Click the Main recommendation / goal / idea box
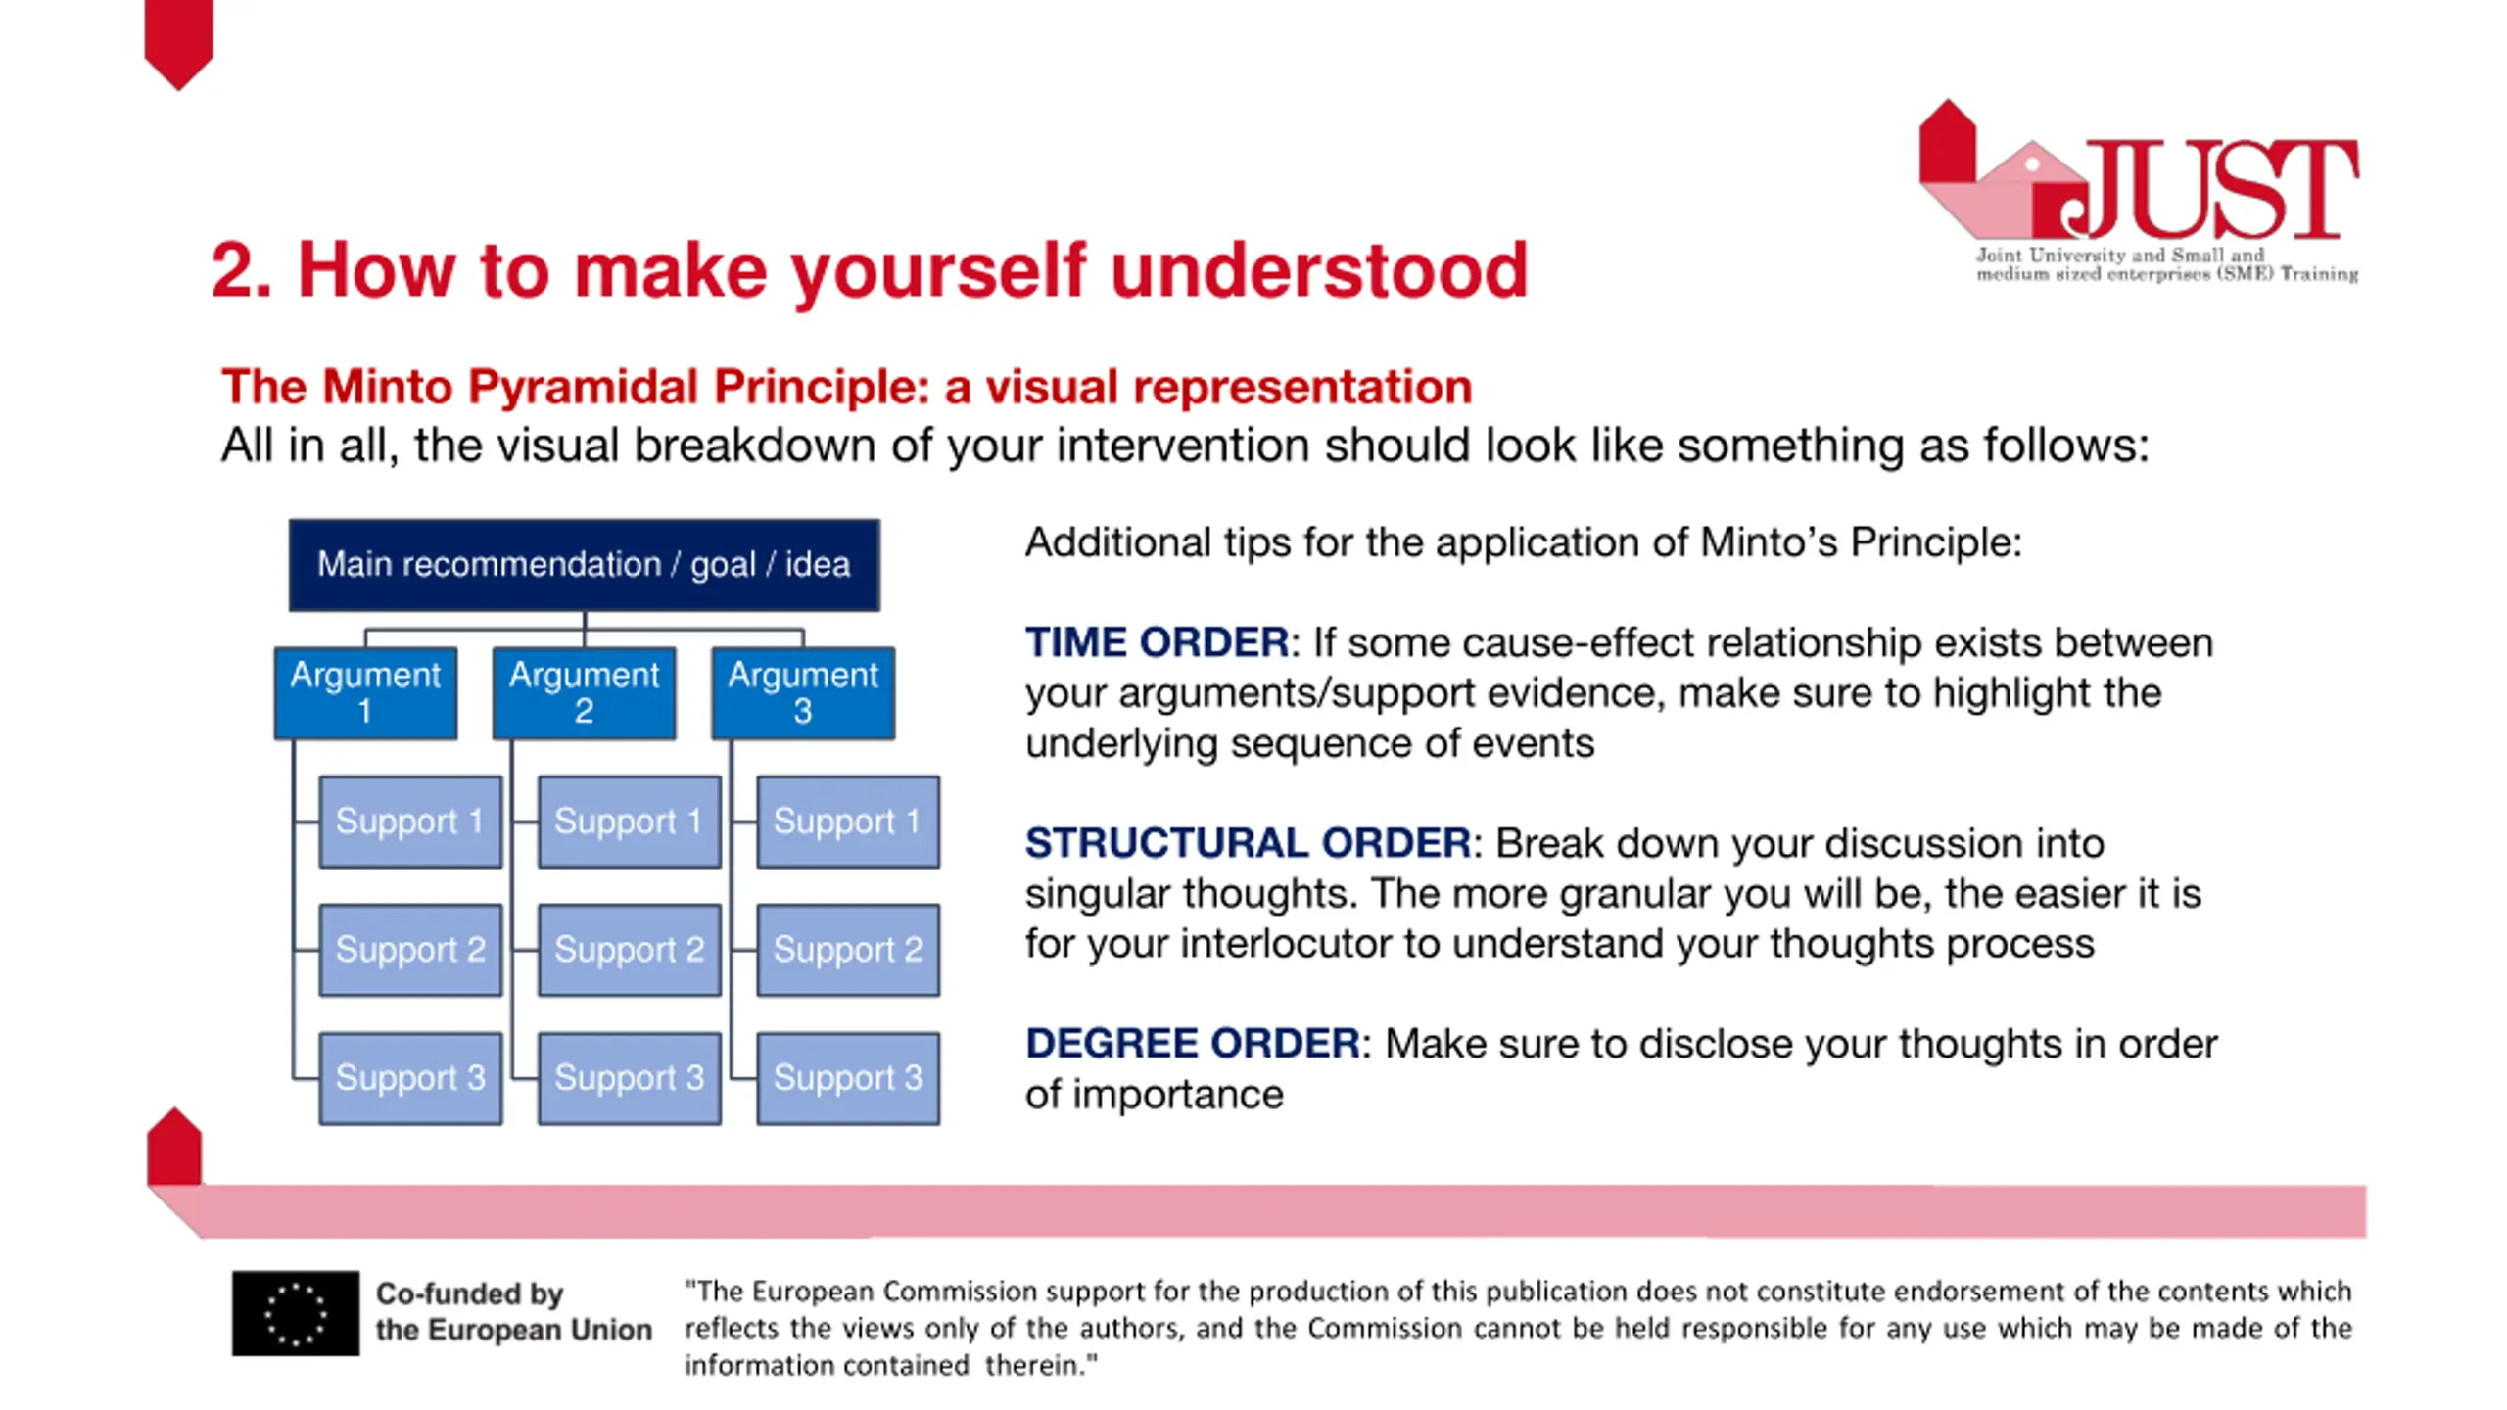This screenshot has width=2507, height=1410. pos(584,565)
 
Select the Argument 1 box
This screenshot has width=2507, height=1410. pos(365,692)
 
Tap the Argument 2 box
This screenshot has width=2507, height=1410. pos(584,692)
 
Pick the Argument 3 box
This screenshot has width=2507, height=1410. pos(803,692)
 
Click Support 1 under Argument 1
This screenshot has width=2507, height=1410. pos(410,822)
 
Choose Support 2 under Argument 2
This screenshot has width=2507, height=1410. pos(630,950)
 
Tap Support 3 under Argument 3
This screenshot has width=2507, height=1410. pos(848,1078)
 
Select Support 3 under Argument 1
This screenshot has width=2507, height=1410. pos(410,1078)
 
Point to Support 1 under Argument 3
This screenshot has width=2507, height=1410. pos(848,822)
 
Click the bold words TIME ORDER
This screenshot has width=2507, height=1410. pos(1157,642)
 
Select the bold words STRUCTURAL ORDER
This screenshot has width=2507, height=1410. pos(1248,843)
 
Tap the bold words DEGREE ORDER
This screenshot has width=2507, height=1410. pos(1192,1044)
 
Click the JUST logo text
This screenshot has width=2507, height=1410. pos(2209,188)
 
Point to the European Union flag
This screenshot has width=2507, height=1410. pos(296,1313)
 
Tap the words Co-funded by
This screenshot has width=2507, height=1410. pos(469,1294)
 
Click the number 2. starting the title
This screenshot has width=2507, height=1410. pos(241,270)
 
